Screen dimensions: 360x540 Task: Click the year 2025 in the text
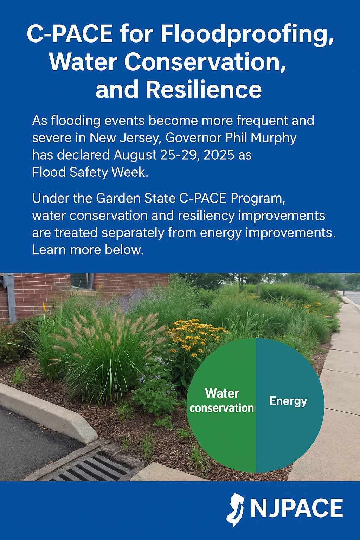pyautogui.click(x=219, y=155)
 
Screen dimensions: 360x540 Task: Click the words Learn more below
pyautogui.click(x=88, y=250)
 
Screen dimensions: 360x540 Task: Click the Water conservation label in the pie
pyautogui.click(x=221, y=400)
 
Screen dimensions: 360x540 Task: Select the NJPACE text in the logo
pyautogui.click(x=297, y=508)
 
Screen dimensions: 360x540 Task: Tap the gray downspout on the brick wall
pyautogui.click(x=9, y=298)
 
